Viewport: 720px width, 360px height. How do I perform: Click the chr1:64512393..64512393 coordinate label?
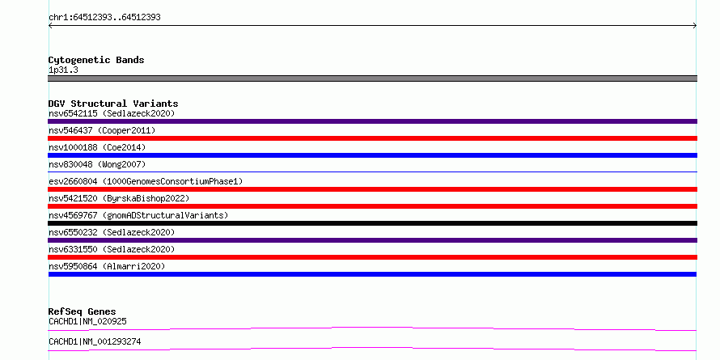point(104,18)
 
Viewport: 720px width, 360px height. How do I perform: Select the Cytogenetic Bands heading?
point(96,60)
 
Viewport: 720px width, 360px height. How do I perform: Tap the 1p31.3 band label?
point(63,70)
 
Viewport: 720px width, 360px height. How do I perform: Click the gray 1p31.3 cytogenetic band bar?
point(372,78)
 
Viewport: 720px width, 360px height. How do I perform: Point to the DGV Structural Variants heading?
point(113,104)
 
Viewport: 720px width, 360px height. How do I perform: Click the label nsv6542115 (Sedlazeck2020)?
point(112,113)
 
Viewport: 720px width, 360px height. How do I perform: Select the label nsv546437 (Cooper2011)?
point(102,130)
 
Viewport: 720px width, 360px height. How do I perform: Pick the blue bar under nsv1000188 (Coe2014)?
point(372,155)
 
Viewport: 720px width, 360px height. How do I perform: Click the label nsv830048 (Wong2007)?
point(97,164)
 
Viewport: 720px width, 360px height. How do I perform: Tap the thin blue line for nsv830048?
point(372,172)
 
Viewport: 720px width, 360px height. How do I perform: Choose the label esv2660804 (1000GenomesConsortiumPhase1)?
point(146,181)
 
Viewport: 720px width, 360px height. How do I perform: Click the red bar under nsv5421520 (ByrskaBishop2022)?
point(372,206)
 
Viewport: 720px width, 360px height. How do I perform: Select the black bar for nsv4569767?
point(372,223)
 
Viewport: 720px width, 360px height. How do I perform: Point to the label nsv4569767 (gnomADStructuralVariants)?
point(138,215)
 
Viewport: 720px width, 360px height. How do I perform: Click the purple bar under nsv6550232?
point(372,240)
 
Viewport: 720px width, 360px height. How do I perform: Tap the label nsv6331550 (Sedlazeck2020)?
point(112,249)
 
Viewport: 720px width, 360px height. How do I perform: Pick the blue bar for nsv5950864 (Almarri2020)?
point(372,274)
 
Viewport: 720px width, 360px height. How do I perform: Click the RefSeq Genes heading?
point(83,311)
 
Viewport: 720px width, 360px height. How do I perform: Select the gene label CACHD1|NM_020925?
point(87,321)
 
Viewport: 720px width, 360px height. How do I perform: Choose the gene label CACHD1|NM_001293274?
point(95,341)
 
